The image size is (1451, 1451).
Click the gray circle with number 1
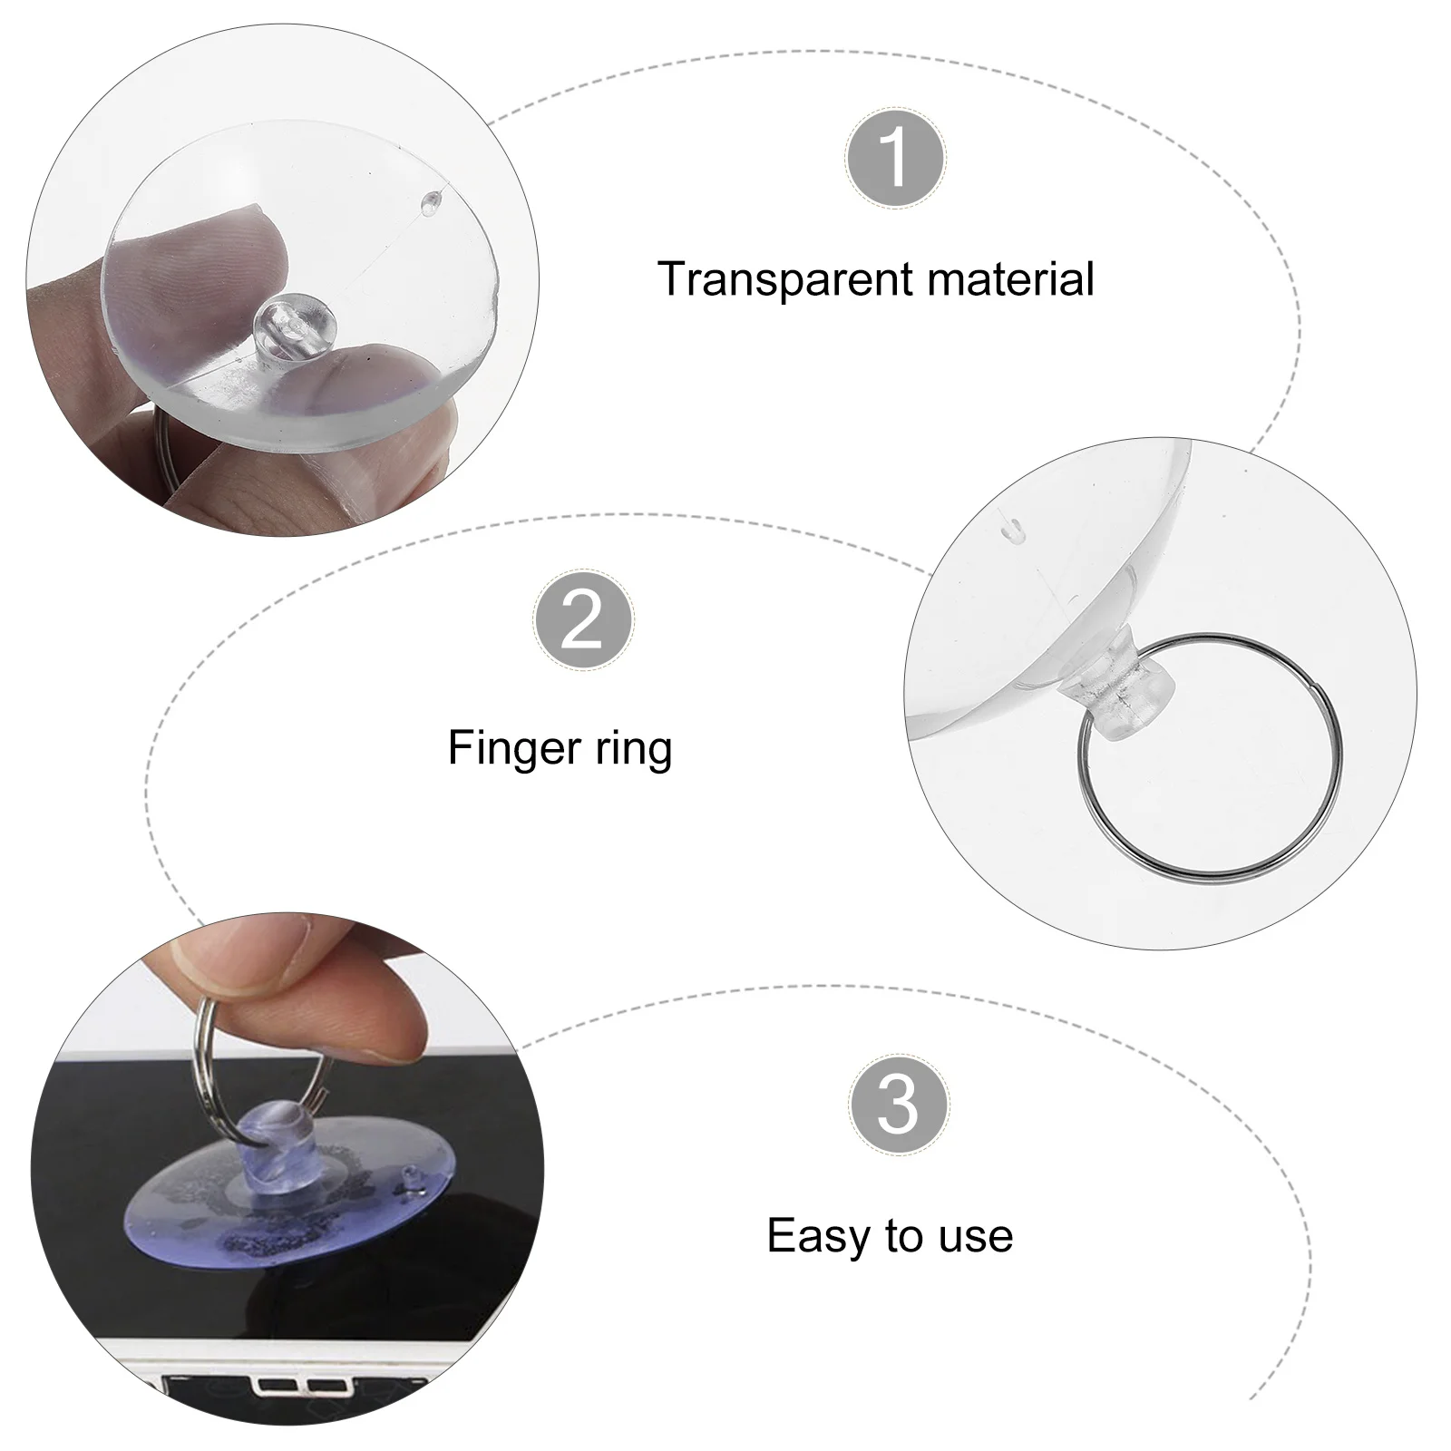(895, 158)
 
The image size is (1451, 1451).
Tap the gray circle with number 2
(582, 621)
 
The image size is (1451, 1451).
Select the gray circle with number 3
(899, 1105)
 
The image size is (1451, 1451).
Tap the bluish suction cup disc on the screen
(181, 1215)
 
